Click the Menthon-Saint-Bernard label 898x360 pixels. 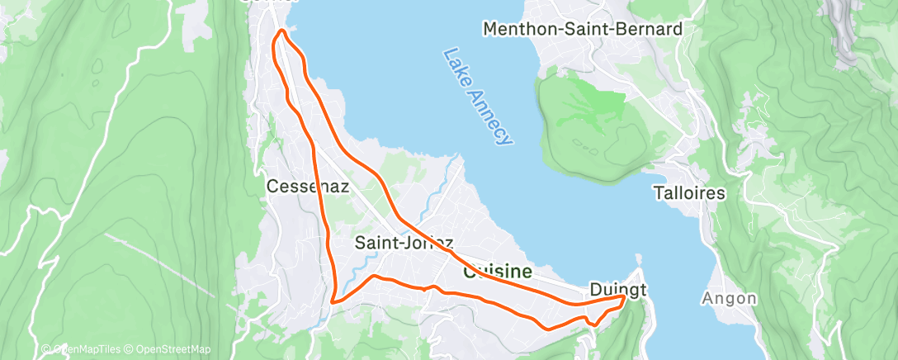point(583,30)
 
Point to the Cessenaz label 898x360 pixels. point(307,187)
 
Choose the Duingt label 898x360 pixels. point(617,289)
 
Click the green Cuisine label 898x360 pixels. point(498,271)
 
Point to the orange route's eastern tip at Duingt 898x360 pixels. point(624,296)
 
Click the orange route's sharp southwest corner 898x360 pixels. point(332,302)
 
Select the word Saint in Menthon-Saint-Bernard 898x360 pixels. point(582,30)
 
